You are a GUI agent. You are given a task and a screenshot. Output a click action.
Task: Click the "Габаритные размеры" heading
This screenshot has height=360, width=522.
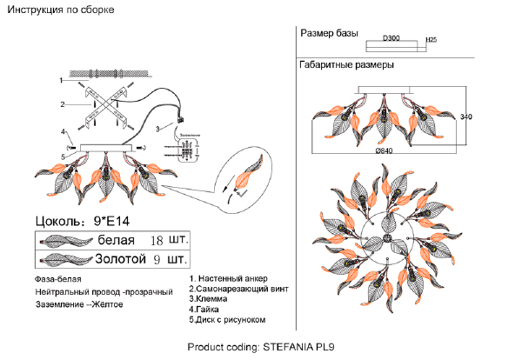(346, 65)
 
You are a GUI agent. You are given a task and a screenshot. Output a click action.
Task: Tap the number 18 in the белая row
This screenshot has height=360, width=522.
(157, 238)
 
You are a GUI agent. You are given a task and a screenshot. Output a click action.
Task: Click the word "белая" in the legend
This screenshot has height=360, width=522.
(116, 238)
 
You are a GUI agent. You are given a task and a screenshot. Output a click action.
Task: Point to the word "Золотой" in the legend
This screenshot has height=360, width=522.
(119, 258)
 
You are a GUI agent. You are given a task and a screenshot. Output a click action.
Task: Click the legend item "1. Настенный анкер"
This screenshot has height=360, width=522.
(234, 279)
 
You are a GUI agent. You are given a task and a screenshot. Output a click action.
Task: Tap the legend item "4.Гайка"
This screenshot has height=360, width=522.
(209, 310)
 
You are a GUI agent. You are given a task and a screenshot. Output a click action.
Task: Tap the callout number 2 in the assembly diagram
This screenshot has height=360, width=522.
(62, 104)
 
